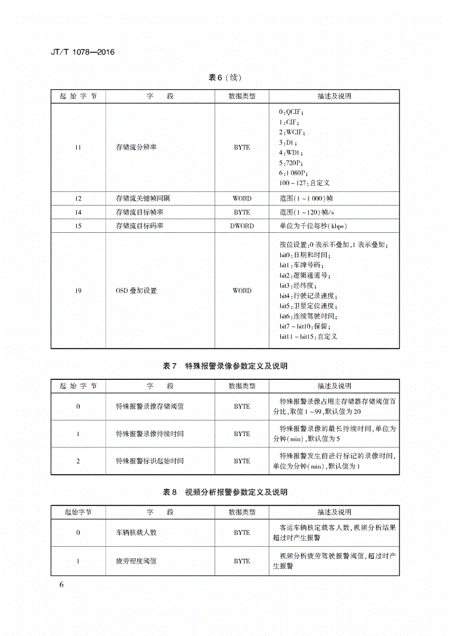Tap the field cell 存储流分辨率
[x=136, y=148]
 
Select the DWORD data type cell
[x=242, y=225]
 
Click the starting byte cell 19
[x=78, y=291]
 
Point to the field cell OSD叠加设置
[x=136, y=291]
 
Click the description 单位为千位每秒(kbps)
[x=310, y=225]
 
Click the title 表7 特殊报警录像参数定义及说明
[x=225, y=366]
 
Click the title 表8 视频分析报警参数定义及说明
[x=225, y=492]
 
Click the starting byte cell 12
[x=78, y=199]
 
